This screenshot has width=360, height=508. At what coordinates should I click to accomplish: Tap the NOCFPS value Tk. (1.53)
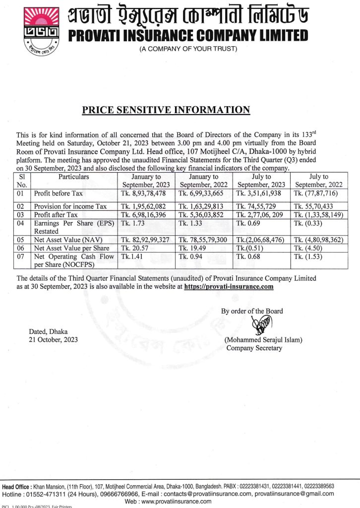(308, 256)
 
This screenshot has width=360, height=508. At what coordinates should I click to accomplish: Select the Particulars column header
(74, 176)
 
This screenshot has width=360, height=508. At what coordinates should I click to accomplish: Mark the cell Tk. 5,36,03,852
(204, 214)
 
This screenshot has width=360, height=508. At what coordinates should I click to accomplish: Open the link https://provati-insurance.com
(229, 286)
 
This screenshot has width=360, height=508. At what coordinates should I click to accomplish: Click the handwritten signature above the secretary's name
(259, 326)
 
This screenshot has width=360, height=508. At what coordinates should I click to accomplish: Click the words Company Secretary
(254, 348)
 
